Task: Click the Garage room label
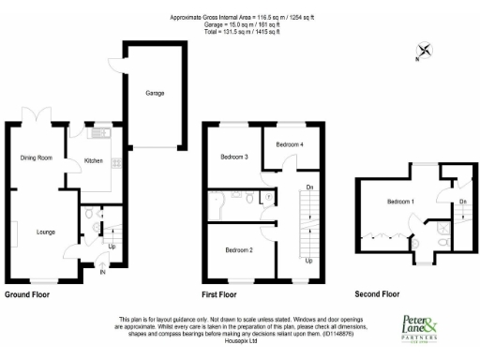(x=154, y=94)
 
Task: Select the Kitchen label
(x=94, y=161)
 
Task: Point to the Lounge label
(x=45, y=232)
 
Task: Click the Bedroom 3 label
(x=232, y=157)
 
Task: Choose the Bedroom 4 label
(x=289, y=144)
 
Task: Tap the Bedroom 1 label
(x=401, y=202)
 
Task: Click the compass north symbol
(x=425, y=52)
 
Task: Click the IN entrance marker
(x=103, y=275)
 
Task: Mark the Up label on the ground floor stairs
(x=113, y=247)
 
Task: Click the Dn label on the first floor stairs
(x=309, y=187)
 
